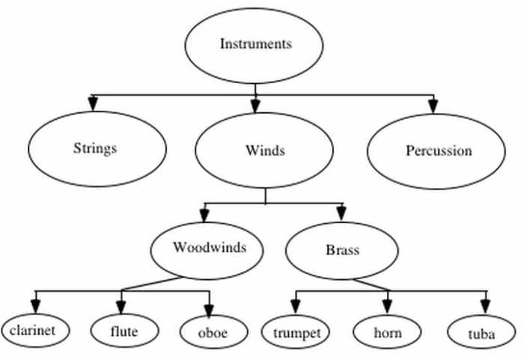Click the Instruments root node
click(x=255, y=44)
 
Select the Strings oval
click(x=97, y=148)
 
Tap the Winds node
click(x=265, y=150)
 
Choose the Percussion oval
click(x=438, y=151)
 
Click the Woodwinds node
click(x=208, y=248)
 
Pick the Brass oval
click(x=342, y=250)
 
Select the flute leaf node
click(x=124, y=330)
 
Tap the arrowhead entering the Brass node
click(x=341, y=213)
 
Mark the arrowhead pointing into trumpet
click(x=295, y=305)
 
